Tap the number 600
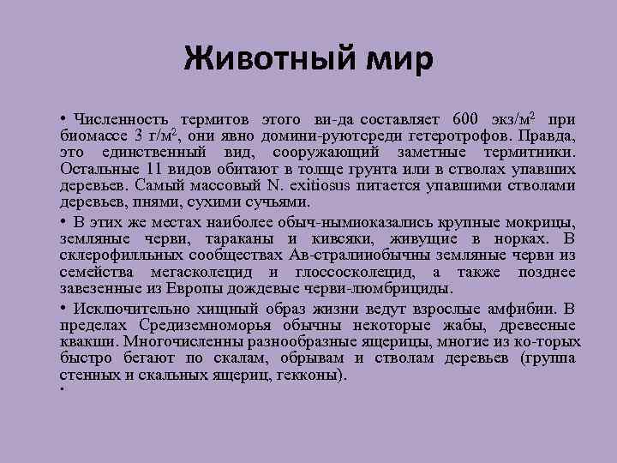(468, 119)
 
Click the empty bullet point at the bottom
(63, 390)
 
